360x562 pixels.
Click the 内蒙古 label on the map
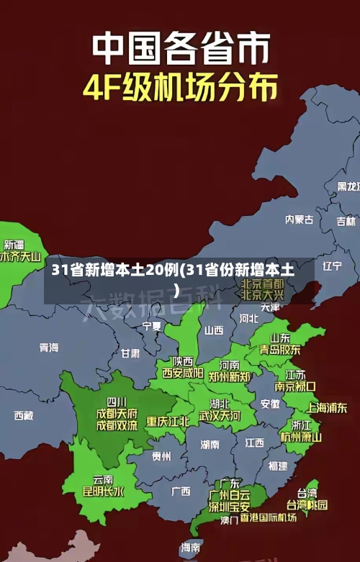tap(299, 199)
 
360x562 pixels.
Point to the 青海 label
tap(49, 348)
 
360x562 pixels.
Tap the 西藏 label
tap(24, 415)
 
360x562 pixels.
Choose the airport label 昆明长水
tap(103, 492)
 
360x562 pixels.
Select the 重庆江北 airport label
tap(168, 421)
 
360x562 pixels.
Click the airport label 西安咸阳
tap(182, 373)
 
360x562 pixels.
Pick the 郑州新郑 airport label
tap(229, 376)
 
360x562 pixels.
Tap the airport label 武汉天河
tap(220, 416)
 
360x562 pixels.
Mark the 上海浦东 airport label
tap(328, 407)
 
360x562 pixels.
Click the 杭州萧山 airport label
tap(300, 436)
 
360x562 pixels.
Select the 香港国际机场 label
tap(268, 517)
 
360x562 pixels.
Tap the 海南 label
tap(191, 548)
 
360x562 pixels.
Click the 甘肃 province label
tap(130, 353)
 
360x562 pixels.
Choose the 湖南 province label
tap(210, 444)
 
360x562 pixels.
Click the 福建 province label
tap(278, 466)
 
